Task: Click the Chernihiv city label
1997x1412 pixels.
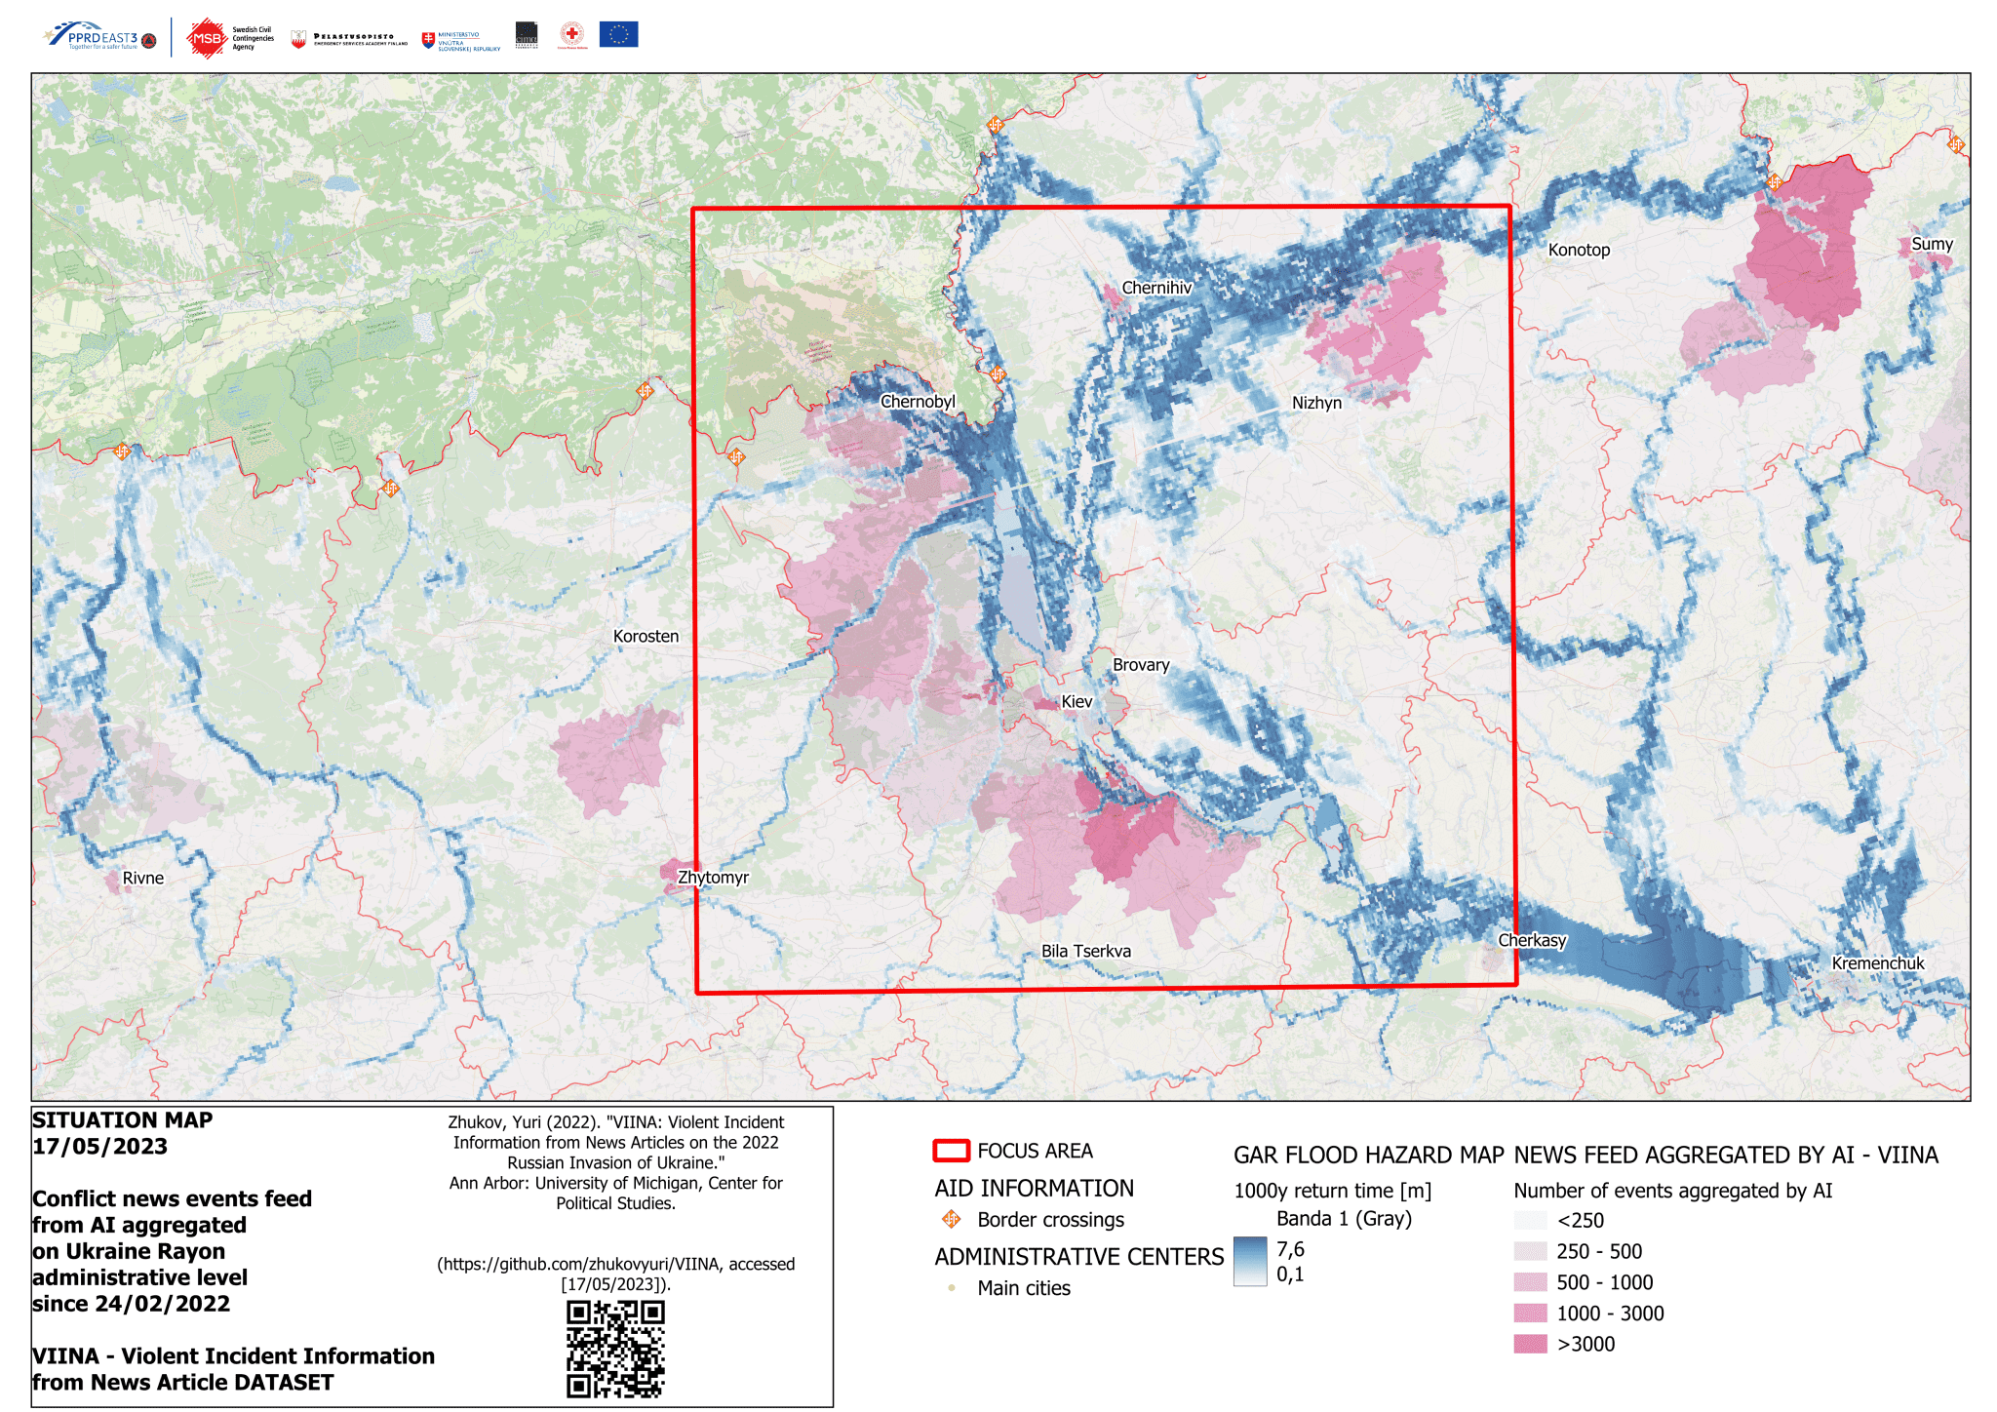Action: (1156, 288)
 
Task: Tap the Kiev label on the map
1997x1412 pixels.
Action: (1077, 701)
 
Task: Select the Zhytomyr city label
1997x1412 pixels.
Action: (713, 877)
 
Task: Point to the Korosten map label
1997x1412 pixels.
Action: (646, 636)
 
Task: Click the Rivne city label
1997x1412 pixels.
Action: (142, 878)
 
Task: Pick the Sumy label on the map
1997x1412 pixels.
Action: (1932, 244)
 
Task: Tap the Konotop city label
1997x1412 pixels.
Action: (1579, 250)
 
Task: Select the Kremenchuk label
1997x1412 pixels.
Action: (1877, 963)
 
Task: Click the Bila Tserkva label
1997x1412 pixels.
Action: (1085, 951)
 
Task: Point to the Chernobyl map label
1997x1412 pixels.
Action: (918, 401)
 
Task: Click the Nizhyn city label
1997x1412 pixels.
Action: (1316, 403)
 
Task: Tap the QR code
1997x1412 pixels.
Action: (615, 1349)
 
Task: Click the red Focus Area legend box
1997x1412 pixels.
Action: (951, 1151)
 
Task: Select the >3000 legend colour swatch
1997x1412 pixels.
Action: (1530, 1344)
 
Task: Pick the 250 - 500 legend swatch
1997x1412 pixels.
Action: (1530, 1251)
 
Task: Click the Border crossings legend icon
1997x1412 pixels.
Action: (951, 1219)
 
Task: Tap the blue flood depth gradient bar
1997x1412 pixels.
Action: (1249, 1262)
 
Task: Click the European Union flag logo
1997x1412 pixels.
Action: (618, 35)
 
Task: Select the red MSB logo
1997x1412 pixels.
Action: (207, 39)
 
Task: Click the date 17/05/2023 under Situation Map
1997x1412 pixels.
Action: (99, 1147)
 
